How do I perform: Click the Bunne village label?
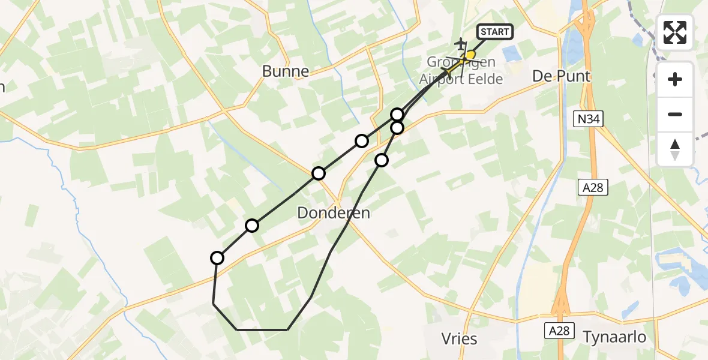coord(286,71)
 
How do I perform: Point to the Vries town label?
coord(459,339)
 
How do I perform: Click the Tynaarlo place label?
coord(614,337)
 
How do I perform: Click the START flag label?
coord(495,32)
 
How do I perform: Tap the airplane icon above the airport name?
coord(461,44)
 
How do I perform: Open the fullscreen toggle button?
coord(675,32)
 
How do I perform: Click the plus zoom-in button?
coord(675,79)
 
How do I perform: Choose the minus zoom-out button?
coord(675,114)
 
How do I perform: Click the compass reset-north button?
coord(675,149)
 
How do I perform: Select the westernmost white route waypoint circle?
coord(217,258)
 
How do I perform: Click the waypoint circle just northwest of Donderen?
coord(319,173)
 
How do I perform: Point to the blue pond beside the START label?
coord(514,53)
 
